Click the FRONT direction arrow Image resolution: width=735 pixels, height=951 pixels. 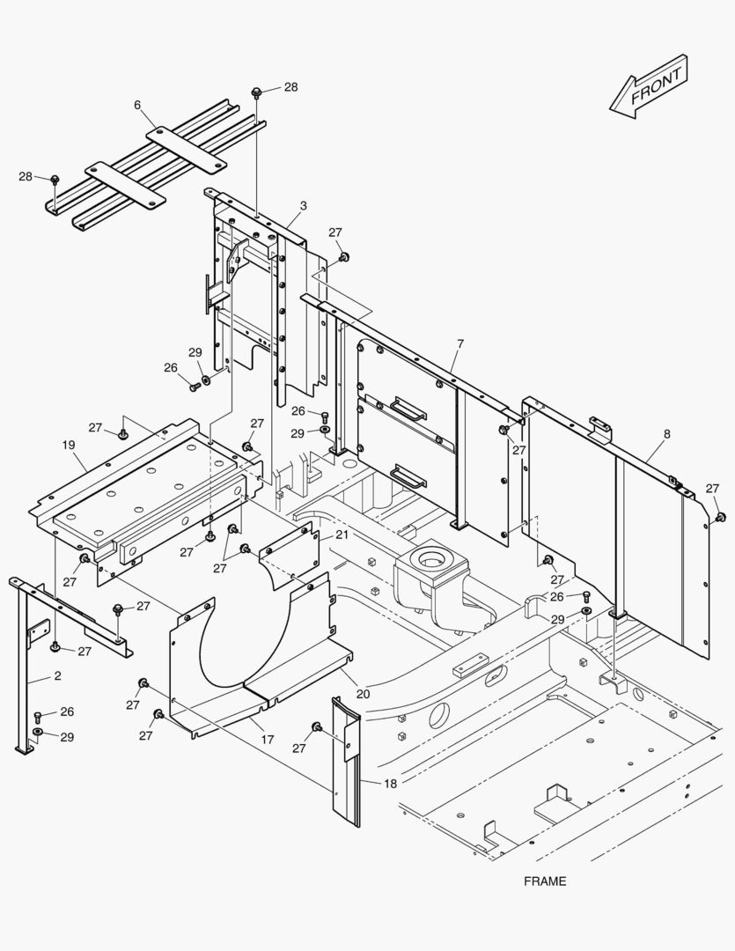click(648, 86)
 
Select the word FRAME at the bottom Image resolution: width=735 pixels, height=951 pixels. click(545, 881)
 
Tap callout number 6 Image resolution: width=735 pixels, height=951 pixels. click(137, 105)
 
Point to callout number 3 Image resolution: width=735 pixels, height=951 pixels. click(303, 206)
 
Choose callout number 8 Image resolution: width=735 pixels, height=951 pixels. click(666, 434)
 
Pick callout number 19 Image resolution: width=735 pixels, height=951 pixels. click(69, 446)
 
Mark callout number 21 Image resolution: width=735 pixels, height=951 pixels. click(342, 535)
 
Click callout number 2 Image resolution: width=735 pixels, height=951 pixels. click(33, 676)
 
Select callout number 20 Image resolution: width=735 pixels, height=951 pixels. click(364, 694)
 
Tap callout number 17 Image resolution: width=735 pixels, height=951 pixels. click(268, 741)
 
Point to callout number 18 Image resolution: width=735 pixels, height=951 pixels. click(390, 783)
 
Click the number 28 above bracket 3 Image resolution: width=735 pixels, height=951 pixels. click(290, 87)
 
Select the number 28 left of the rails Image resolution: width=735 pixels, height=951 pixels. click(26, 177)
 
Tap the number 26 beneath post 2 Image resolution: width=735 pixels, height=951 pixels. click(67, 711)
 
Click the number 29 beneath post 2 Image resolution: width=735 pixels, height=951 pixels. click(67, 737)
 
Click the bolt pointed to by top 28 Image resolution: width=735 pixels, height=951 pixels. click(256, 92)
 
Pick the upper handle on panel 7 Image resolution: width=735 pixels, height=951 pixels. click(409, 409)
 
